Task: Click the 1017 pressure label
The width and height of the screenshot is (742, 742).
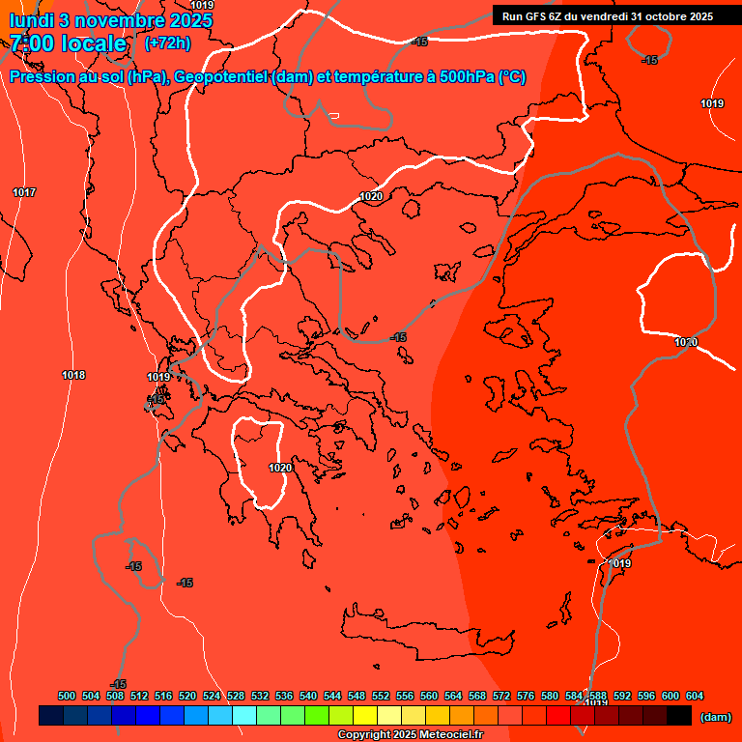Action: tap(24, 192)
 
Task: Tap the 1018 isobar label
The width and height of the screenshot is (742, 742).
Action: tap(73, 375)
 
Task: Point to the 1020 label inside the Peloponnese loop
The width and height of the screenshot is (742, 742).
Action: tap(280, 468)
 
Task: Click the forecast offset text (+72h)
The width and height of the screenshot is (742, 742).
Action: tap(167, 43)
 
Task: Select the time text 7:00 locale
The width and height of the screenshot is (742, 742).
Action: tap(69, 43)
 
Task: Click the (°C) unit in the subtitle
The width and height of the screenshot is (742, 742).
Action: tap(512, 77)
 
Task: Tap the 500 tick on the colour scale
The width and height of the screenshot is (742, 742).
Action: tap(67, 696)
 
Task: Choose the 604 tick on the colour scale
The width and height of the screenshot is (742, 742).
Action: tap(695, 696)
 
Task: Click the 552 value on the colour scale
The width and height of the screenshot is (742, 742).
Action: tap(381, 696)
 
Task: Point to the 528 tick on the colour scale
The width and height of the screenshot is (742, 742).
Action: tap(236, 696)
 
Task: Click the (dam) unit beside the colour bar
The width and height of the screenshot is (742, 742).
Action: tap(715, 717)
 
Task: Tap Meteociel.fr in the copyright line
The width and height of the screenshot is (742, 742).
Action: tap(449, 735)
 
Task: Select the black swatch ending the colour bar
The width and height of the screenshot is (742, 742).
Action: tap(679, 716)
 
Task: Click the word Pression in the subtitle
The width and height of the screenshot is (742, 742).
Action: tap(40, 77)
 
